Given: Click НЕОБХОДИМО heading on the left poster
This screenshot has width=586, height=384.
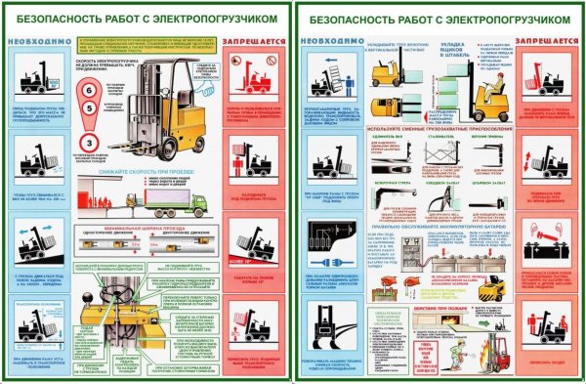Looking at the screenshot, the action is [x=35, y=40].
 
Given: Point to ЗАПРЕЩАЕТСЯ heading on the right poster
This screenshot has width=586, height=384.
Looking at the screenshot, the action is [x=545, y=40].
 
